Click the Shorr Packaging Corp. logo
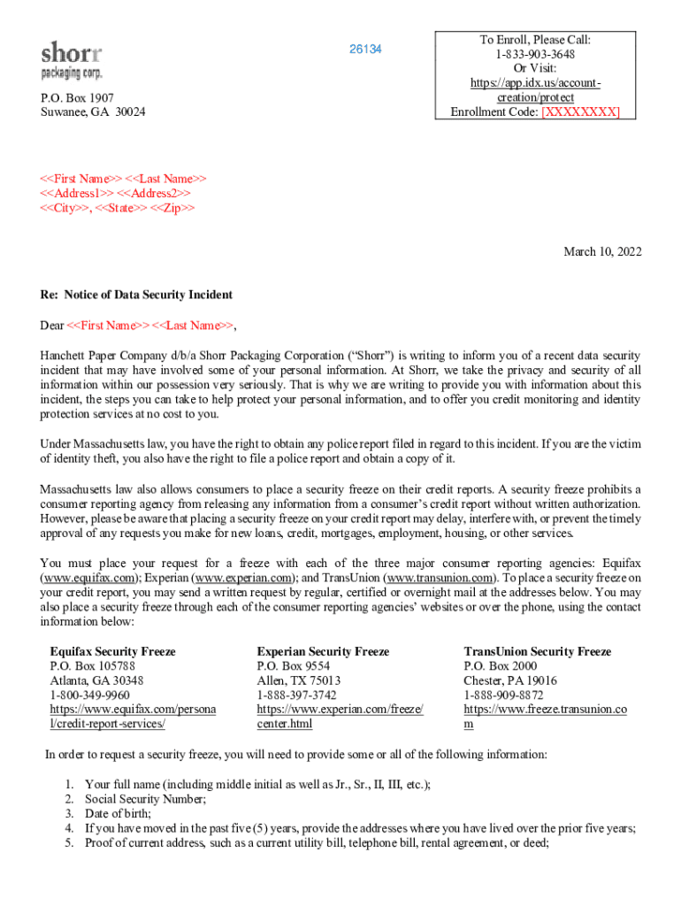click(72, 59)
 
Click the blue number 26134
click(365, 50)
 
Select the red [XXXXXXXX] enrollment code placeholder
click(580, 111)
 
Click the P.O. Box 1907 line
click(77, 97)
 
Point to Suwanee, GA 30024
click(93, 112)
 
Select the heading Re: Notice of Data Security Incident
click(136, 295)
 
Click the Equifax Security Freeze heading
click(112, 651)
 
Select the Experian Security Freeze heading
click(323, 651)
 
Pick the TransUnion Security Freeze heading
click(537, 651)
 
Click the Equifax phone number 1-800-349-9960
click(88, 695)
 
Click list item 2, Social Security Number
click(145, 799)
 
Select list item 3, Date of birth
click(118, 814)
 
